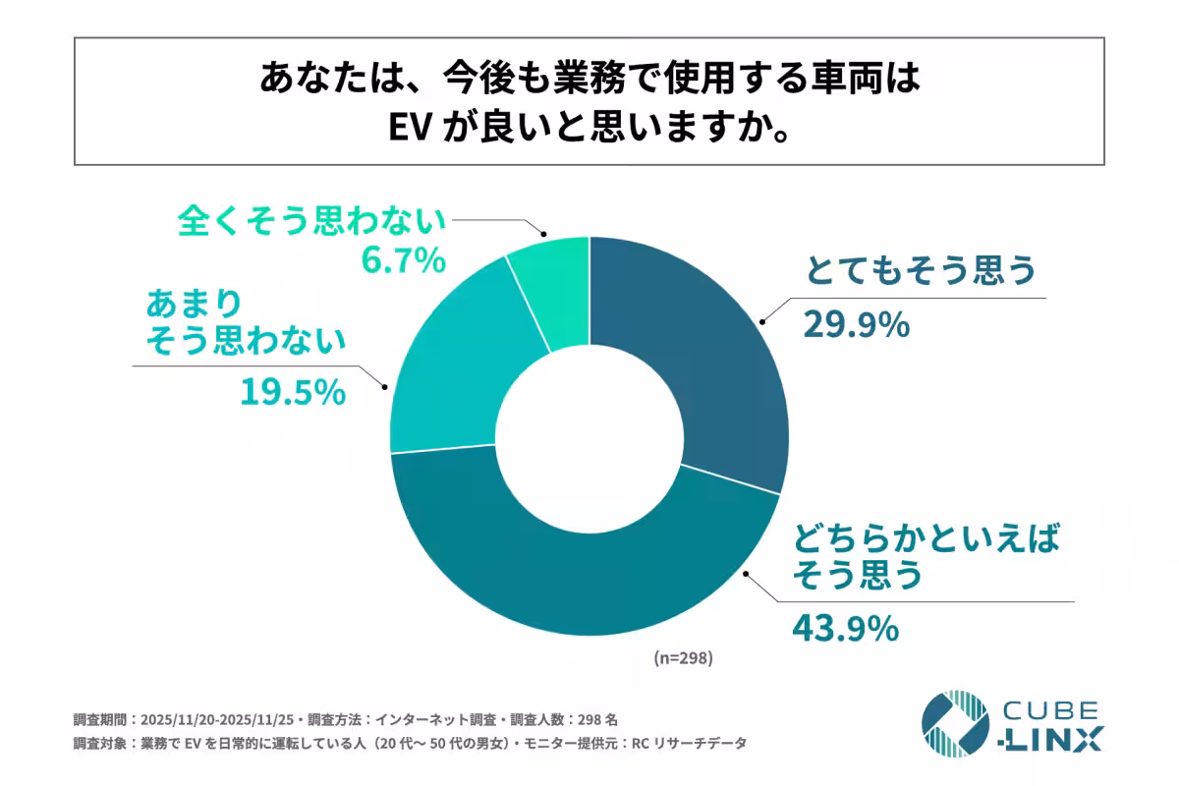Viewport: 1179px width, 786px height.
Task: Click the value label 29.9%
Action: (856, 323)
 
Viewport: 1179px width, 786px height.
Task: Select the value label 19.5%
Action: (293, 392)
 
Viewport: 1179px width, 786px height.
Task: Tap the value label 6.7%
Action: (398, 262)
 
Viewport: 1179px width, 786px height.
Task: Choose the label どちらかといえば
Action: (927, 539)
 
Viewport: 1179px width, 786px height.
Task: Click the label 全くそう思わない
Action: (311, 221)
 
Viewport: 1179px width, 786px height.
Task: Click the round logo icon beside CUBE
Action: (954, 724)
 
